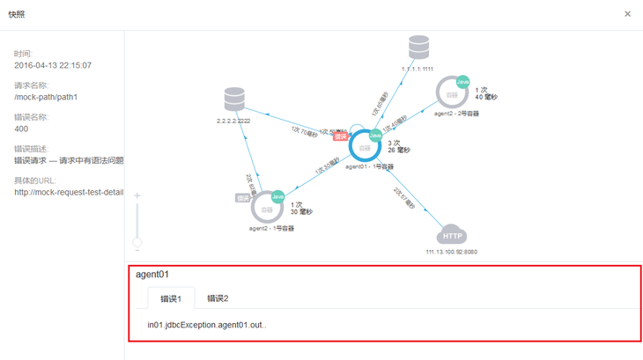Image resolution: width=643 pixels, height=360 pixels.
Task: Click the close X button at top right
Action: pyautogui.click(x=627, y=14)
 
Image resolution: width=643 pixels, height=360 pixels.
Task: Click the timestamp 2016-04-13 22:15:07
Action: pyautogui.click(x=53, y=65)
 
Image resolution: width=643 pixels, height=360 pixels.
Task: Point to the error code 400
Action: pyautogui.click(x=21, y=129)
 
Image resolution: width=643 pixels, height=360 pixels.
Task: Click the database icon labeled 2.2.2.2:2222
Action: pyautogui.click(x=233, y=99)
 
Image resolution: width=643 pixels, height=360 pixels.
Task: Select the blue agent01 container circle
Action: pyautogui.click(x=364, y=146)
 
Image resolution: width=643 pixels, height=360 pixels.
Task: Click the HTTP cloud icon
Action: pyautogui.click(x=452, y=236)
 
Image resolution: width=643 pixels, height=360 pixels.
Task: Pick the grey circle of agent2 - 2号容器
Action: pyautogui.click(x=453, y=94)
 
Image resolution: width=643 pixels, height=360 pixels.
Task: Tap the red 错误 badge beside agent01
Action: pyautogui.click(x=341, y=136)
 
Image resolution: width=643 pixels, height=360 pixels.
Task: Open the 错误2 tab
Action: pyautogui.click(x=218, y=298)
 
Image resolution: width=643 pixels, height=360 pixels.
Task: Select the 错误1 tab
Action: pyautogui.click(x=171, y=298)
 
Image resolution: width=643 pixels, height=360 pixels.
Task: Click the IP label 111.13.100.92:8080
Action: pyautogui.click(x=452, y=251)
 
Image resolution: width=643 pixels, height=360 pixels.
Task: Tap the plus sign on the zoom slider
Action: pyautogui.click(x=137, y=195)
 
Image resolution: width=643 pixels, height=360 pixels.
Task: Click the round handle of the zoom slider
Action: pyautogui.click(x=137, y=241)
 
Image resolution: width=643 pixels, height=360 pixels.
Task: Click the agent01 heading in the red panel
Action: pyautogui.click(x=152, y=275)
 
